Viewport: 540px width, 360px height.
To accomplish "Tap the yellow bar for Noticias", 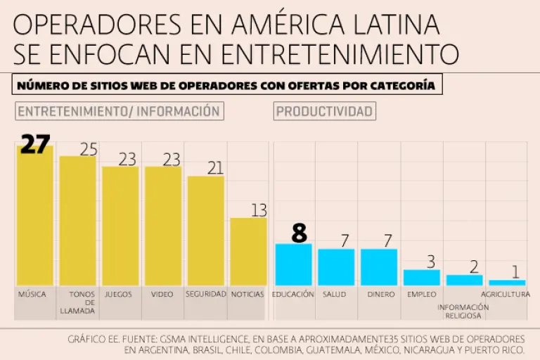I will [248, 251].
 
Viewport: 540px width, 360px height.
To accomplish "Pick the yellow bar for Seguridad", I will [205, 231].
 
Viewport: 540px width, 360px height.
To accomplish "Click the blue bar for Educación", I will [293, 264].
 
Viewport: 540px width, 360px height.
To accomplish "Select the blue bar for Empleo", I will [421, 277].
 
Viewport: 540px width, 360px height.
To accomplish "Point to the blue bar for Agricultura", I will [507, 282].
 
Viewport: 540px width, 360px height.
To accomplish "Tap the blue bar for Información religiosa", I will [464, 280].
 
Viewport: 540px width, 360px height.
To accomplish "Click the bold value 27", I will [35, 144].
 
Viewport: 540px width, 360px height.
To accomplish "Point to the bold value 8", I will [300, 233].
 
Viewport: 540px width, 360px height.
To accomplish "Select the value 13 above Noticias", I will [259, 210].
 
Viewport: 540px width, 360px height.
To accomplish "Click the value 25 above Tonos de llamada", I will [88, 149].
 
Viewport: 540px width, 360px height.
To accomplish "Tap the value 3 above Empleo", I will [431, 262].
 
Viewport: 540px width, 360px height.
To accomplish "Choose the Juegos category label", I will [118, 295].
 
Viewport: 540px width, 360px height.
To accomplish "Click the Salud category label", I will [334, 295].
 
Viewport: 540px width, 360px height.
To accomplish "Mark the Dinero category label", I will [380, 295].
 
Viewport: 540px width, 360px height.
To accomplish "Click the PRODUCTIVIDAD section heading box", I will [324, 111].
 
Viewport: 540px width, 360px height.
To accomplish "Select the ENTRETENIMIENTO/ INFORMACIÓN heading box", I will [119, 111].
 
